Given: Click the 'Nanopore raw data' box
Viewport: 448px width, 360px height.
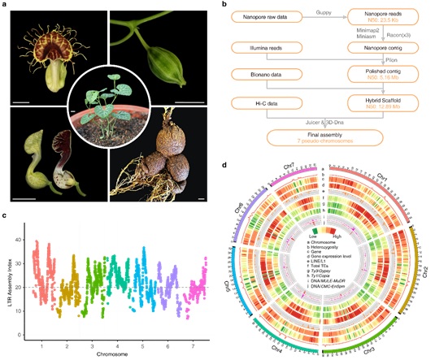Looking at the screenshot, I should pos(266,16).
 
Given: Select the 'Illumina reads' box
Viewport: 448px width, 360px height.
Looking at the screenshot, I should pos(266,50).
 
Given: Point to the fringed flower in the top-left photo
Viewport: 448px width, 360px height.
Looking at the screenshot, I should pos(49,49).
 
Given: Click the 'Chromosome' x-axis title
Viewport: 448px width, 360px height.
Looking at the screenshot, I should pos(111,354).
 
